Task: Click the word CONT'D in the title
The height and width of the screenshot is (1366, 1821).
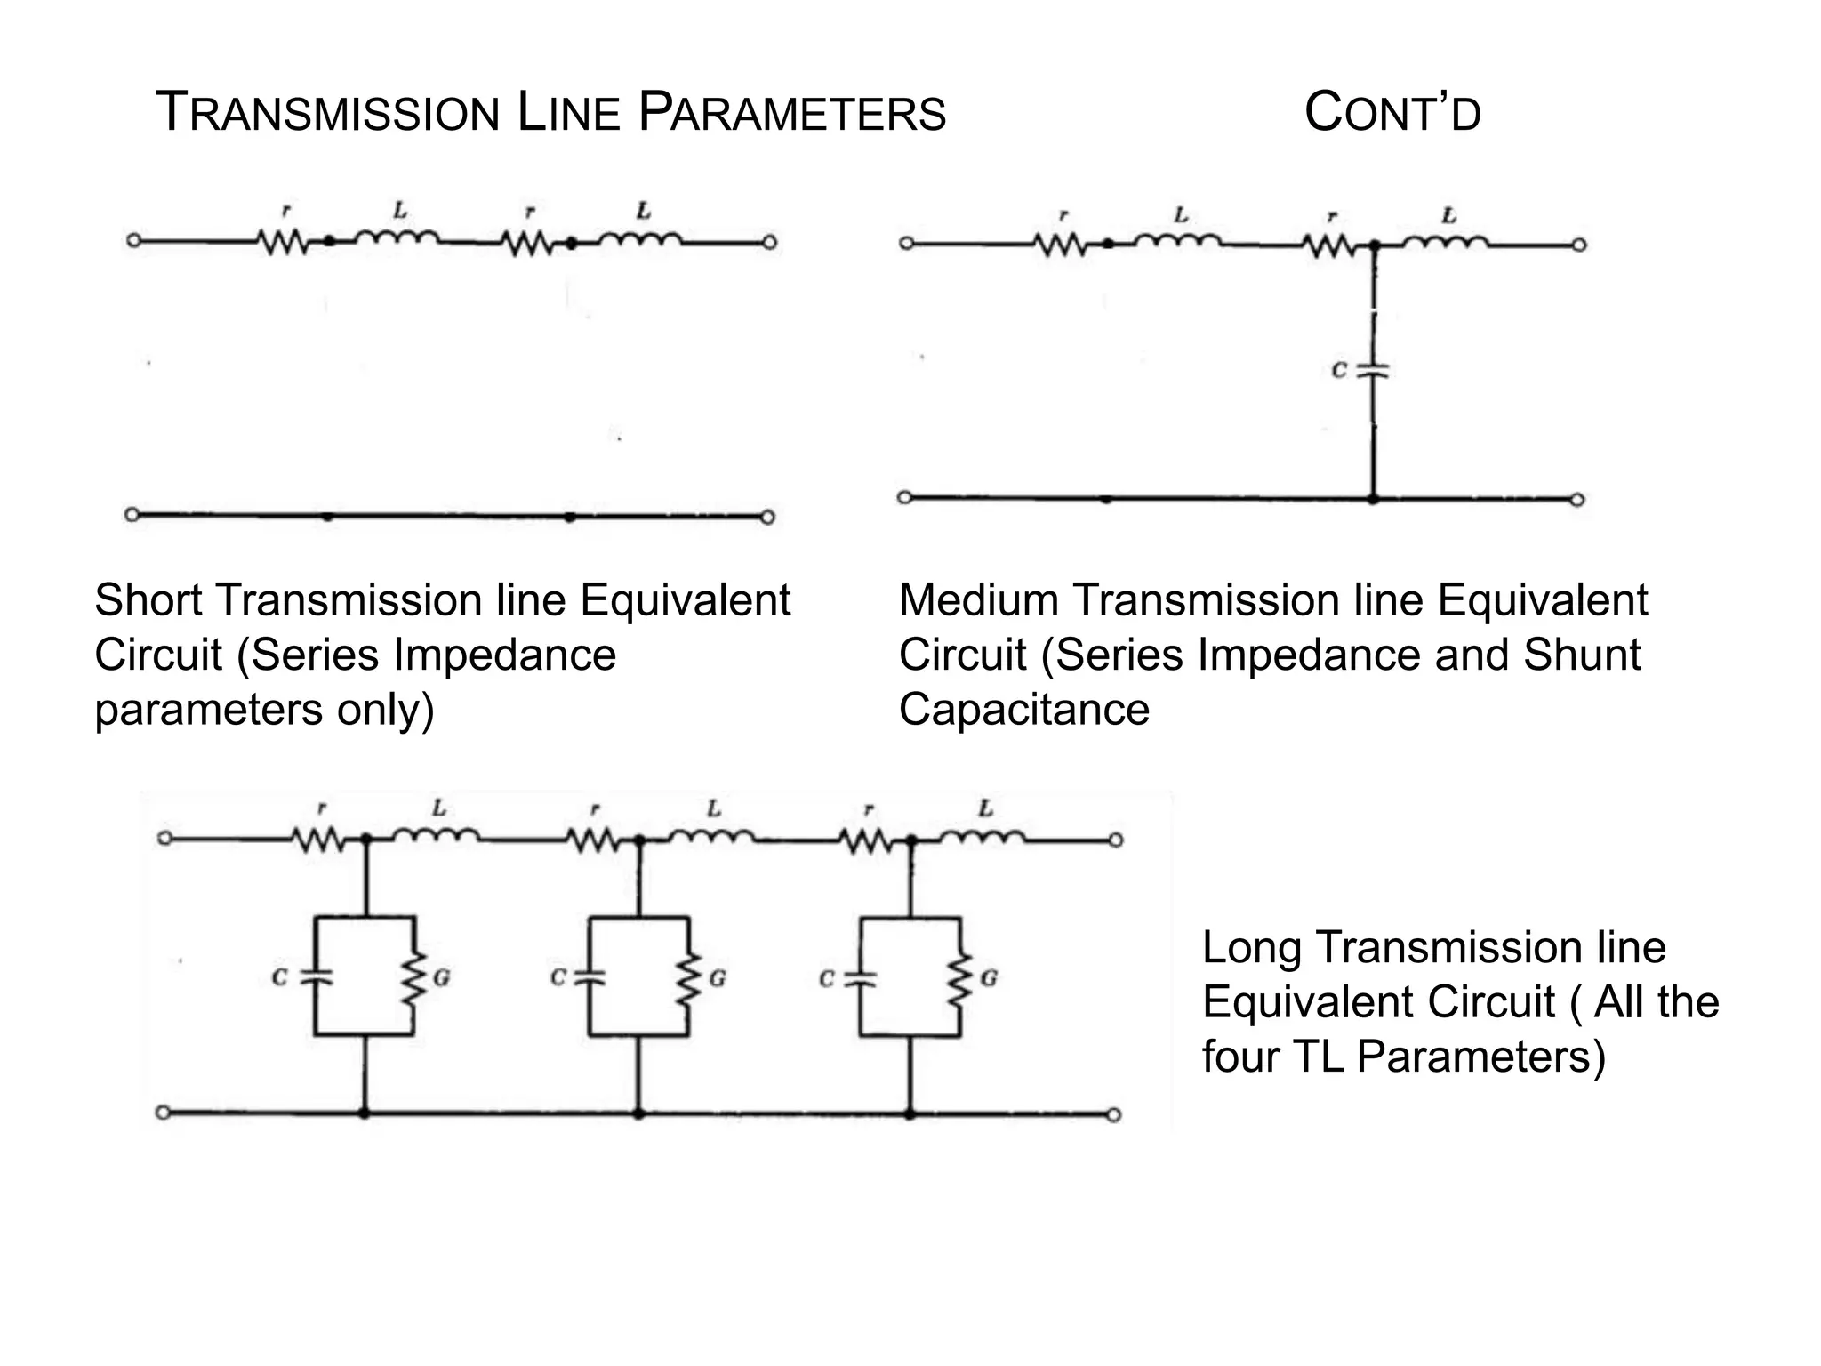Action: coord(1392,115)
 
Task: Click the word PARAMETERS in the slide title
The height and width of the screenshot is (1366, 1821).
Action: coord(792,115)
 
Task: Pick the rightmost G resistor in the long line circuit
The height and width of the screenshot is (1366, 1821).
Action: coord(959,978)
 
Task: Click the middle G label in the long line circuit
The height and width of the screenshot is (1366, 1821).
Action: coord(718,978)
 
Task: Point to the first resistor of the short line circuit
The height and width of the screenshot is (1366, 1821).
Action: coord(283,242)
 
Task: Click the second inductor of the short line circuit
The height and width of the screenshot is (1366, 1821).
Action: coord(640,238)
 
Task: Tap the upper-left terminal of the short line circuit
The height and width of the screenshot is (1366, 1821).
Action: coord(133,241)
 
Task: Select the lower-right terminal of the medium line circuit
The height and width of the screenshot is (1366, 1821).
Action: coord(1577,500)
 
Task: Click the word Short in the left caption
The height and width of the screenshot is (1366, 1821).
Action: coord(149,600)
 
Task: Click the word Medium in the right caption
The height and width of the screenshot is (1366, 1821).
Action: coord(979,600)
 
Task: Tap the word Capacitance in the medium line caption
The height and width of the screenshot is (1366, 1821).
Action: coord(1024,710)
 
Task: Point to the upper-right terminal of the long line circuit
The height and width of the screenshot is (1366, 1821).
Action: coord(1117,840)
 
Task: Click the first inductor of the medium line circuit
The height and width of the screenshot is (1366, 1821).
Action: coord(1177,239)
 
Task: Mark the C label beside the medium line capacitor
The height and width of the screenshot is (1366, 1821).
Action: coord(1339,371)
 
